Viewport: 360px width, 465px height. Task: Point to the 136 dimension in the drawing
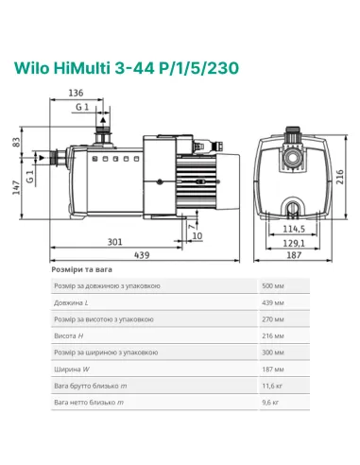pos(78,94)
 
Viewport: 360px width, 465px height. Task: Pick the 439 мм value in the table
pos(271,302)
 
